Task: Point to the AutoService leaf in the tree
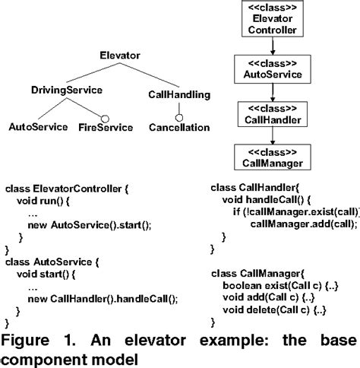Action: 37,127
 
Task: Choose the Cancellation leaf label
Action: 178,127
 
